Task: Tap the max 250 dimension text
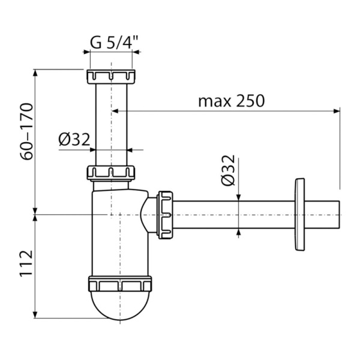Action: click(231, 101)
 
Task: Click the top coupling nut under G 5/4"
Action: click(111, 77)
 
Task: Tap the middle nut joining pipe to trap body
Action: click(111, 173)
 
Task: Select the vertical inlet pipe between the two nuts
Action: click(111, 123)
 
